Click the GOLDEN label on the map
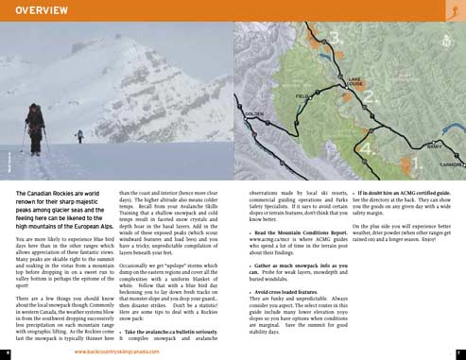[254, 114]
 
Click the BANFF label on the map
[434, 146]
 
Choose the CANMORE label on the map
[452, 163]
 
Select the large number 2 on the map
[370, 96]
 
